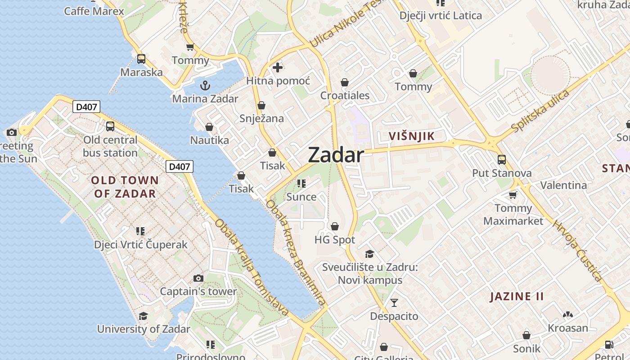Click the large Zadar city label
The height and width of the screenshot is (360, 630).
point(336,155)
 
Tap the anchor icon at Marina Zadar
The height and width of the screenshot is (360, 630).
point(205,85)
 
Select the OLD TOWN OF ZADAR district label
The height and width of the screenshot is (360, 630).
point(125,187)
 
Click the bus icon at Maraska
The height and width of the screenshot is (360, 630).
point(141,58)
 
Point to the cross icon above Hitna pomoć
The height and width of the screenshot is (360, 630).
point(278,67)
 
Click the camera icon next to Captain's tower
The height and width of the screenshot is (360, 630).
point(198,278)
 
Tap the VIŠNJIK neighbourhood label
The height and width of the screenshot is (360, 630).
point(411,136)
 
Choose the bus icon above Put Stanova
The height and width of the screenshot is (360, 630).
point(502,159)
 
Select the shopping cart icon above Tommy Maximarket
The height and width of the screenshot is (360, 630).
point(513,194)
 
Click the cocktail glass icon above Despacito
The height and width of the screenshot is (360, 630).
point(394,302)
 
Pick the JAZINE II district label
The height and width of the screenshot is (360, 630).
point(517,296)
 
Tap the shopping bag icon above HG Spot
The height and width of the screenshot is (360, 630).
point(335,226)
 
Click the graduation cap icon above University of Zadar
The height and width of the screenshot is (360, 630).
point(143,316)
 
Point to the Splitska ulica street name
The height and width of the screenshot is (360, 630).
point(541,111)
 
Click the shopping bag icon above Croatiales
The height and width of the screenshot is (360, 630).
point(345,82)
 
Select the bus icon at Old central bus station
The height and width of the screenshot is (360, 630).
point(110,126)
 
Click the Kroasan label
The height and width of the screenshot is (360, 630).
point(567,328)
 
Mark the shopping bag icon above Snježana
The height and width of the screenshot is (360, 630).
point(261,105)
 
